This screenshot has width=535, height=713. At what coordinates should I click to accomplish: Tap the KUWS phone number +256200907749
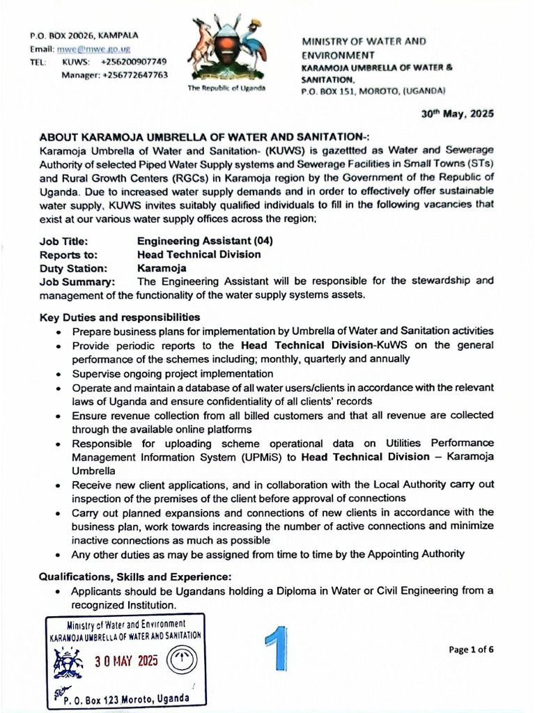(134, 62)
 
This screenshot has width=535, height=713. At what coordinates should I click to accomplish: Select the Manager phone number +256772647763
(134, 75)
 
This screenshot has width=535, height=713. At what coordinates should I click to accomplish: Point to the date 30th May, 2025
(457, 113)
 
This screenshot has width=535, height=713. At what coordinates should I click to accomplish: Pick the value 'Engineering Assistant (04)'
(205, 241)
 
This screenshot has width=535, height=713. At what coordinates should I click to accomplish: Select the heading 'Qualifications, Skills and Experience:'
(134, 577)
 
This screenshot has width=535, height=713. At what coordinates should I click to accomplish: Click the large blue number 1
(277, 648)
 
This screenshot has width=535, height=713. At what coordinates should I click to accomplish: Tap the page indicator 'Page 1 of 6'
(472, 650)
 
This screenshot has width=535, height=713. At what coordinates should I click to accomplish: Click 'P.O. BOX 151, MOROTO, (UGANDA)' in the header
(373, 91)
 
